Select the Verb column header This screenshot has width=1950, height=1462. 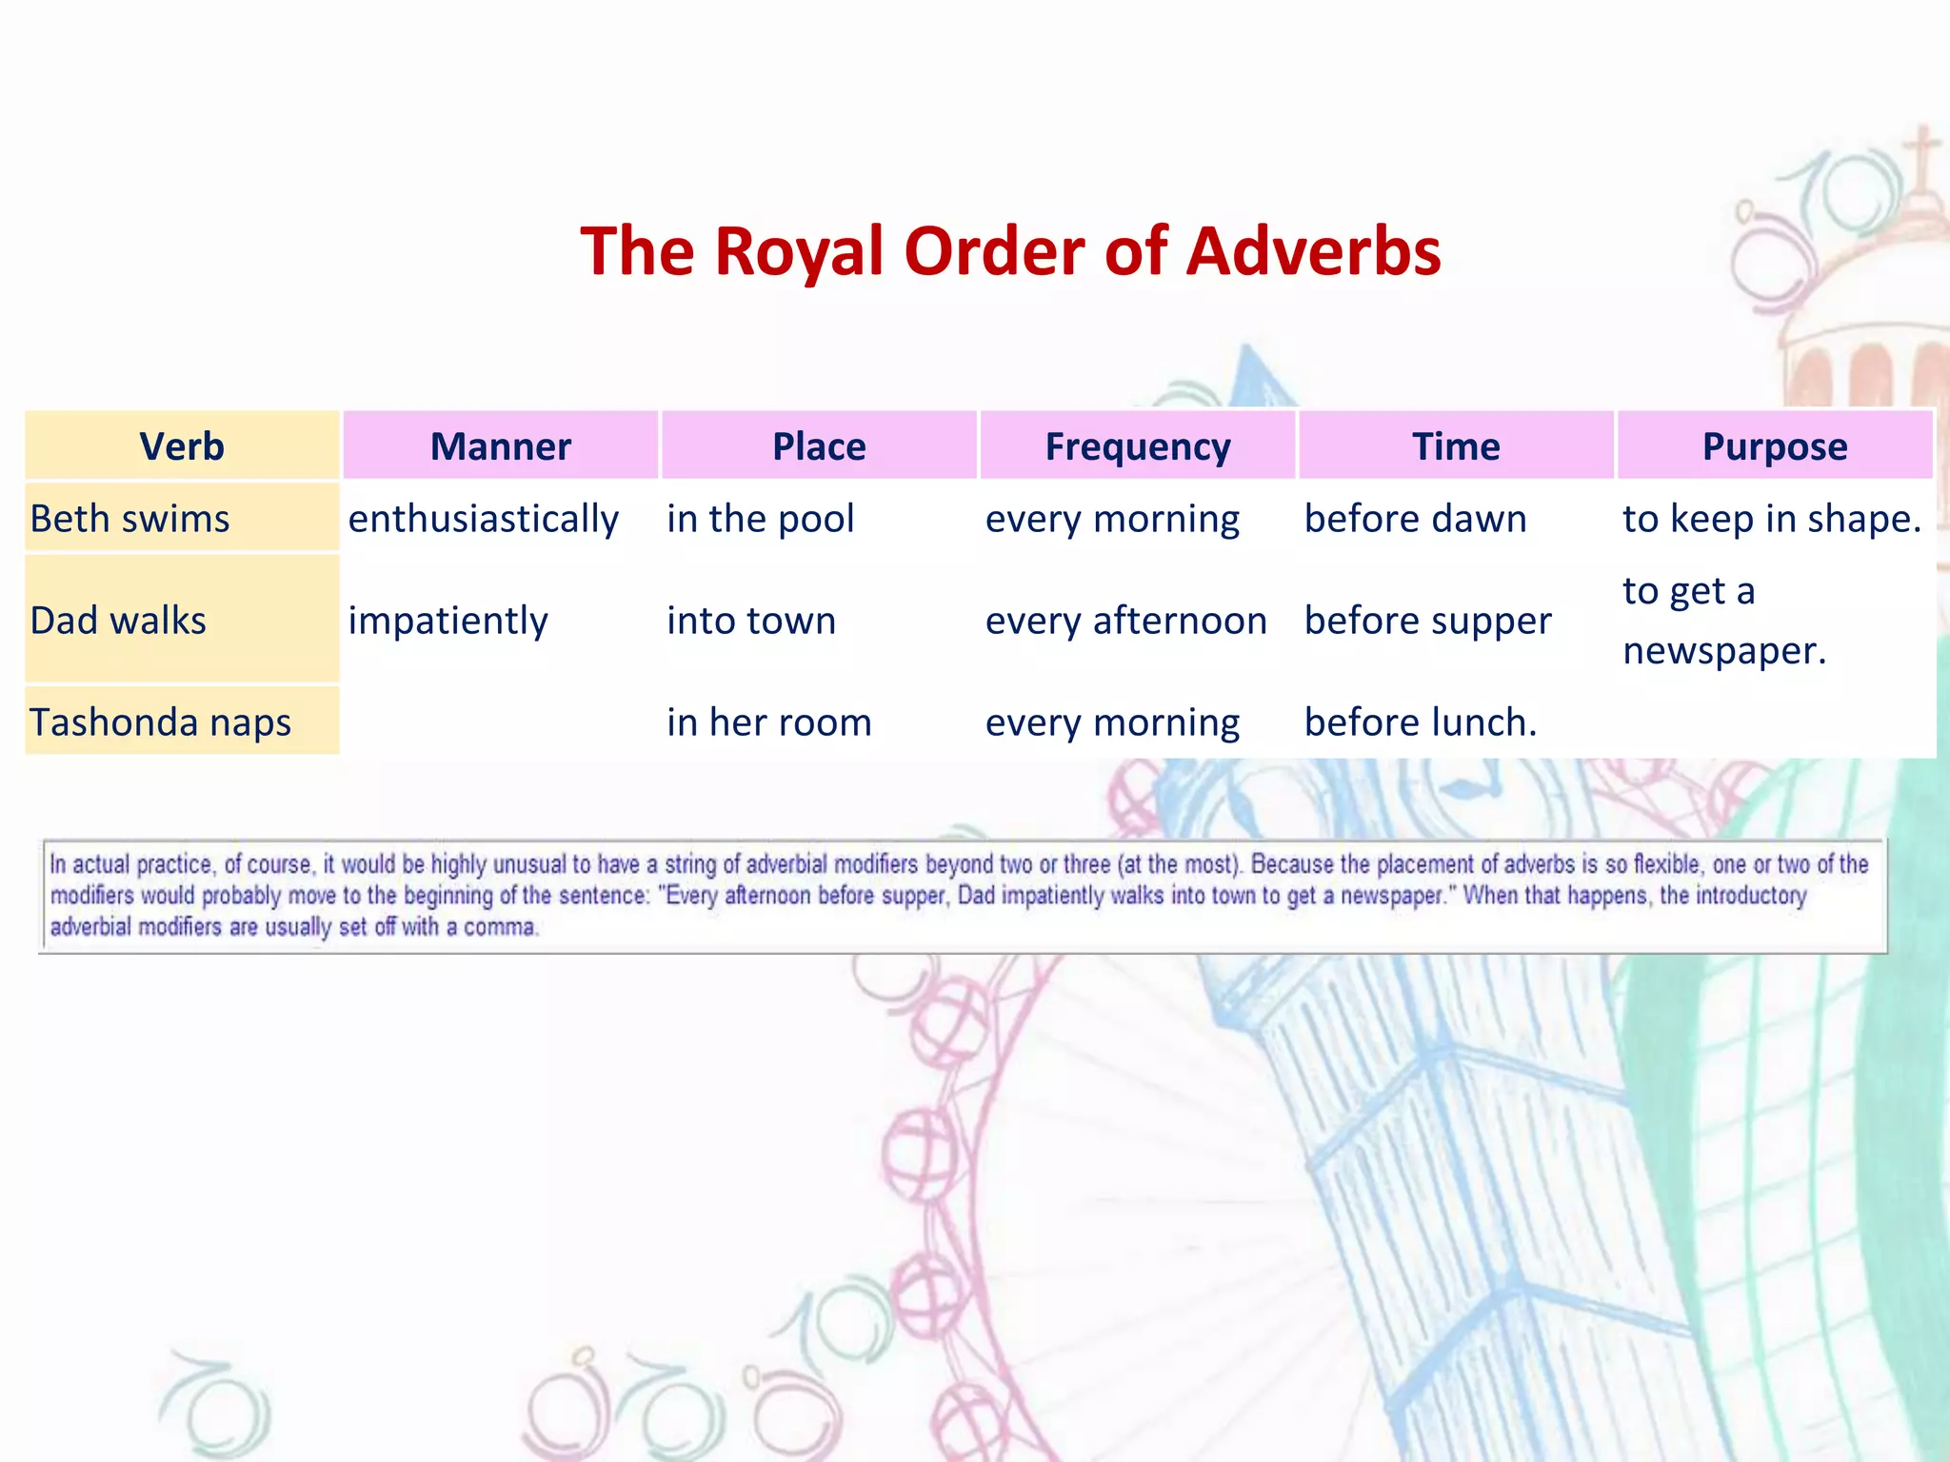[182, 446]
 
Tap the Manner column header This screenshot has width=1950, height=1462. [500, 446]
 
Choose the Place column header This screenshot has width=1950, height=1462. [819, 446]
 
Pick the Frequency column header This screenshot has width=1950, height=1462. [1138, 446]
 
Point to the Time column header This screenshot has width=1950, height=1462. [1456, 446]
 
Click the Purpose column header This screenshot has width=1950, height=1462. [1775, 446]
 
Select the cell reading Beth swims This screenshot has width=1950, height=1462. [130, 519]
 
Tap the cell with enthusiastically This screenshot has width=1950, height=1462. [484, 519]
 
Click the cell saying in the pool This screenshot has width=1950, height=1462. [760, 519]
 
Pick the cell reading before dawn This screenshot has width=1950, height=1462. [1415, 519]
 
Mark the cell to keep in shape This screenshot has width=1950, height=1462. [1772, 519]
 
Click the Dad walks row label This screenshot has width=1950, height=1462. [118, 621]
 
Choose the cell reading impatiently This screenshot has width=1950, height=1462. [448, 621]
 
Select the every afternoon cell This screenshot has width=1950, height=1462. [1126, 621]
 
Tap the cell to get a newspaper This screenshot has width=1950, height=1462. [1723, 621]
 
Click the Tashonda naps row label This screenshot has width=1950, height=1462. [160, 722]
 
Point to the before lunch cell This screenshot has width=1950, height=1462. [1421, 722]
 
